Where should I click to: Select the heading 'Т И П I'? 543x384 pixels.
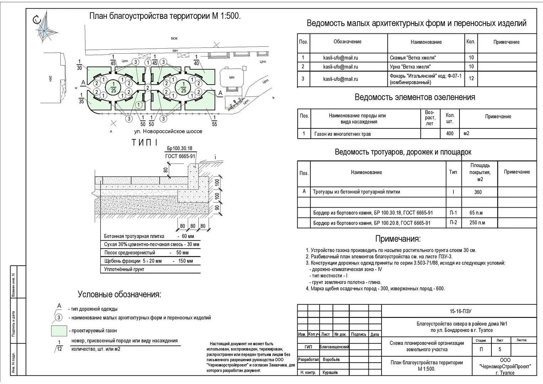(144, 143)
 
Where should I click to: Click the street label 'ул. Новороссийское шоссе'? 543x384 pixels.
(168, 131)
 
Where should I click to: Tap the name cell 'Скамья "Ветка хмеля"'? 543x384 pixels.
(412, 58)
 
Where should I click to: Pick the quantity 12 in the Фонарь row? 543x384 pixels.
(471, 79)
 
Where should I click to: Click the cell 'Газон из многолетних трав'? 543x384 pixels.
(342, 134)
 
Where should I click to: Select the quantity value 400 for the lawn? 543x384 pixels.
(449, 134)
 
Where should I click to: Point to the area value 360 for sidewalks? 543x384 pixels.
(478, 192)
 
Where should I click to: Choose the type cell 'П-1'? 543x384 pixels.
(453, 213)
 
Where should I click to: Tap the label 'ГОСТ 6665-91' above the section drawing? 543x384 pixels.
(180, 156)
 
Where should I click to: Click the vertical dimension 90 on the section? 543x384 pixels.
(217, 208)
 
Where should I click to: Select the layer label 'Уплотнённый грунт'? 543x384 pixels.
(124, 270)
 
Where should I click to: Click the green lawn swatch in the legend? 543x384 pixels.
(59, 331)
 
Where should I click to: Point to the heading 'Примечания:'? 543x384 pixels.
(398, 239)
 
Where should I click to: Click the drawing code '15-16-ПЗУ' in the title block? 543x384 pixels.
(460, 311)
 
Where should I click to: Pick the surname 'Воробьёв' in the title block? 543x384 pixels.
(331, 359)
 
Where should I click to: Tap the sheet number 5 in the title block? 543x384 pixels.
(500, 349)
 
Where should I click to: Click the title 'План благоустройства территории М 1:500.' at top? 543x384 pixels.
(165, 16)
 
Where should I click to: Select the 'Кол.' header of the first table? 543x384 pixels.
(470, 42)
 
